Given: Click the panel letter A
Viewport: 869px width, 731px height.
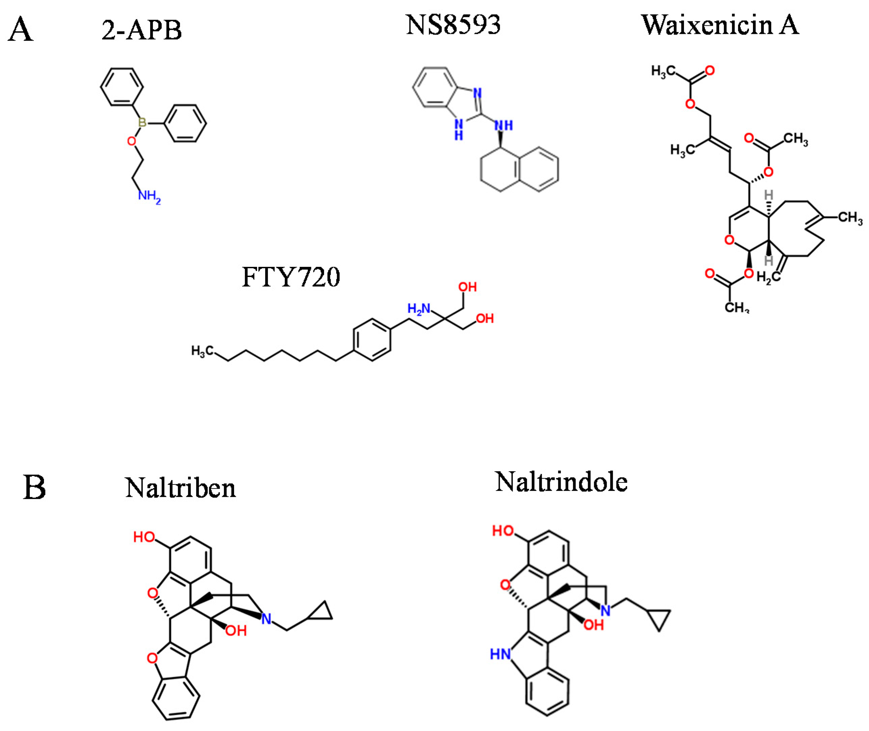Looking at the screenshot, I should [21, 30].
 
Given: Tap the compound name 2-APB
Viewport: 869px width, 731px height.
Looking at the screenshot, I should [142, 30].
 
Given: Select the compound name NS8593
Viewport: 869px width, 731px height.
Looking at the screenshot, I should [453, 25].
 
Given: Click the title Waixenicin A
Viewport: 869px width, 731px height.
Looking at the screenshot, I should [720, 25].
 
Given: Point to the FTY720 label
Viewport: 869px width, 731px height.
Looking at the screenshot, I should [291, 276].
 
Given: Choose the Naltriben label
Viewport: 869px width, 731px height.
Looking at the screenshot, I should [180, 488].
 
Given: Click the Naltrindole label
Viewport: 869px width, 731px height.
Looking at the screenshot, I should [561, 482].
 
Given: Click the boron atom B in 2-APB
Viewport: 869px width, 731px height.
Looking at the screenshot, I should [142, 123].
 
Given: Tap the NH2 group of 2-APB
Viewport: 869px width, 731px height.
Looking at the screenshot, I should [149, 196].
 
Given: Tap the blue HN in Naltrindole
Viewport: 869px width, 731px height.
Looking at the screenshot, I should [500, 654].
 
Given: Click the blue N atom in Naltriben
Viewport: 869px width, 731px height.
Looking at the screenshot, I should [266, 619].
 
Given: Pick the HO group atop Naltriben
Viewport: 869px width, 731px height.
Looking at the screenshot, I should [144, 537].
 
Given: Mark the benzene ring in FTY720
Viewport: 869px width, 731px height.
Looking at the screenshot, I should [372, 339].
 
